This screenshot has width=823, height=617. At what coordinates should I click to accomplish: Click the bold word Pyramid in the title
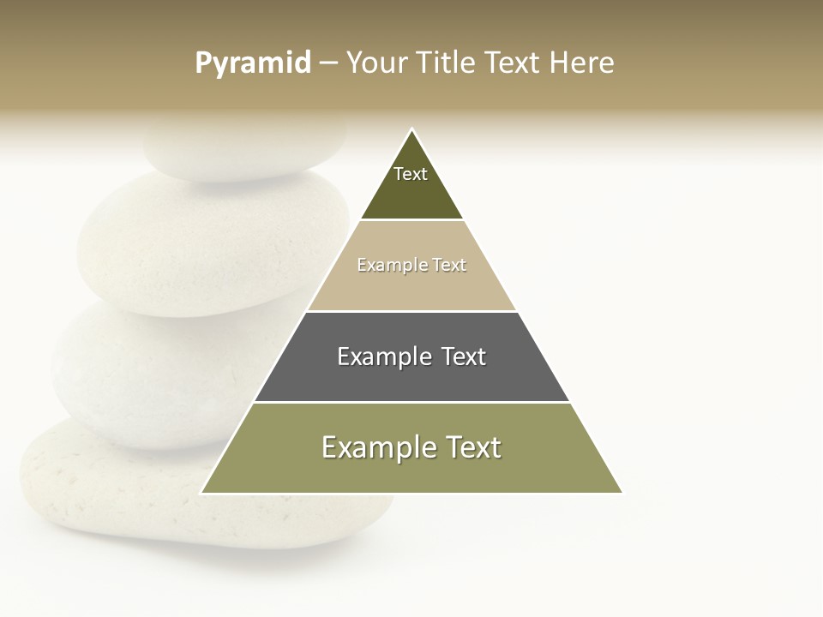click(x=253, y=63)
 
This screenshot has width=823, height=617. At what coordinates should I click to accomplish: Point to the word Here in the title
click(x=581, y=63)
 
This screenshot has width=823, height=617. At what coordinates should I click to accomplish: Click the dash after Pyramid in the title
click(x=328, y=63)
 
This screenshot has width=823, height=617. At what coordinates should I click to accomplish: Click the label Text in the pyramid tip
click(x=411, y=174)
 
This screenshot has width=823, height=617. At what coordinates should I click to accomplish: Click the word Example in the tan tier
click(x=383, y=265)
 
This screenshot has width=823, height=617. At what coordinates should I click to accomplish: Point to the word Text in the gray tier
click(x=461, y=356)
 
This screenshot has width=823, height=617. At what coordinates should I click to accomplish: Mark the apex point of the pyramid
click(x=411, y=129)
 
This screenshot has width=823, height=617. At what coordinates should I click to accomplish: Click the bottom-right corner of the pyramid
click(x=622, y=493)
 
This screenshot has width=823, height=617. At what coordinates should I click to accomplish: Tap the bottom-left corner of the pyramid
click(x=201, y=493)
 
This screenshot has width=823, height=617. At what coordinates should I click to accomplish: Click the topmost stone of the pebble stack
click(x=240, y=150)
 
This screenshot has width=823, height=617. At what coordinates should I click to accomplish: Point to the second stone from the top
click(x=206, y=244)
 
